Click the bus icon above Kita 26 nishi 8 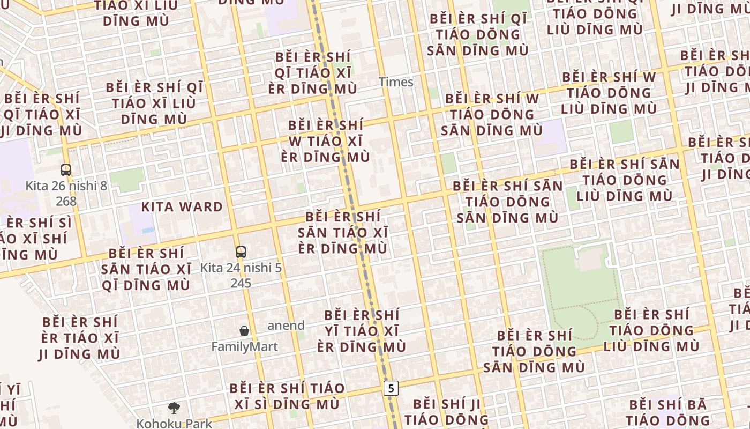[66, 170]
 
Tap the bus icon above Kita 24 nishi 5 [241, 252]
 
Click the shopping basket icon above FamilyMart [244, 331]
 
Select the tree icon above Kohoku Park [174, 408]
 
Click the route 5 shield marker [392, 388]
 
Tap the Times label [396, 82]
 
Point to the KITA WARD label [182, 207]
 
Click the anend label [286, 326]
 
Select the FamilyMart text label [244, 347]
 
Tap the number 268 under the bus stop [66, 201]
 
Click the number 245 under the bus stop [241, 283]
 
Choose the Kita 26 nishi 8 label [66, 186]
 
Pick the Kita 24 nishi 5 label [241, 268]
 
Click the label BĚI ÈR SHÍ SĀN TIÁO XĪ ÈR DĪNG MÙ [343, 233]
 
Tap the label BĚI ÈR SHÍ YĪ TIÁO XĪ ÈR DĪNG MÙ [362, 331]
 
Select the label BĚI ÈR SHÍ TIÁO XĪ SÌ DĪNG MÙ [287, 396]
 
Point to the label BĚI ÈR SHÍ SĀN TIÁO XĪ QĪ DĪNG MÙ [146, 269]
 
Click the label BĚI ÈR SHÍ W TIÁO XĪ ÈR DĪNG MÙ [325, 141]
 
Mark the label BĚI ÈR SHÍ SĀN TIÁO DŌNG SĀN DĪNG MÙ [507, 202]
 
